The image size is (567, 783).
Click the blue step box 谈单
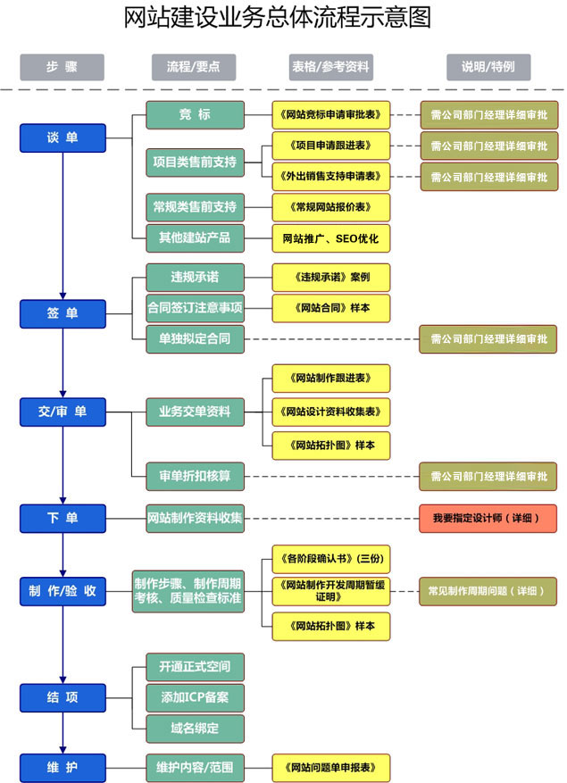tap(63, 137)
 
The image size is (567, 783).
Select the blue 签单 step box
tap(63, 313)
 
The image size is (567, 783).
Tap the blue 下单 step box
tap(63, 518)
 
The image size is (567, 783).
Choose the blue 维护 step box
tap(63, 767)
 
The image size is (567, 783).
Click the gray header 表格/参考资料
tap(331, 67)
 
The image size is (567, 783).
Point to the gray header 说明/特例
tap(488, 67)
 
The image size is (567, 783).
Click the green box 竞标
tap(195, 114)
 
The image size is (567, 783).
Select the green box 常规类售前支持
tap(195, 207)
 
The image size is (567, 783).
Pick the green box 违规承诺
tap(195, 277)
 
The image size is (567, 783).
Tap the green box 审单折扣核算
tap(195, 477)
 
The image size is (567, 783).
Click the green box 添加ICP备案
tap(195, 697)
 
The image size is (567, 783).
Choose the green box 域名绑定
tap(195, 728)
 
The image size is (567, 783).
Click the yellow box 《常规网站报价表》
tap(331, 207)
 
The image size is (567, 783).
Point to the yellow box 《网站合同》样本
tap(331, 307)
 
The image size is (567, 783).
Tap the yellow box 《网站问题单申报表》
tap(331, 767)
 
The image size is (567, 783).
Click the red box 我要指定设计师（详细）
tap(488, 518)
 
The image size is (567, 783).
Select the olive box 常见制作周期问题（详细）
tap(488, 591)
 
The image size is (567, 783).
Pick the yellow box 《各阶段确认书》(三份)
tap(331, 558)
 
